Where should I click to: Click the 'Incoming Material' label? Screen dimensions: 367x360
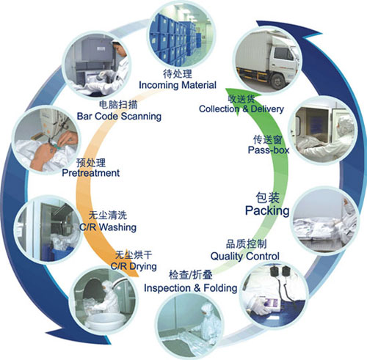[178, 85]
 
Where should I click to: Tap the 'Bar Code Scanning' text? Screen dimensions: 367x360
[119, 116]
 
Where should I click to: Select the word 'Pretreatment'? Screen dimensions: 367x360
[91, 173]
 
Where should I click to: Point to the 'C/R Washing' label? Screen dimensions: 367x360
[108, 227]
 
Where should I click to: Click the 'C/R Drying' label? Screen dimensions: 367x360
[134, 266]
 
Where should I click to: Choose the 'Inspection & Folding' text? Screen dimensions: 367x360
[191, 288]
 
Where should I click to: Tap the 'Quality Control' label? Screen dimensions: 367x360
[245, 256]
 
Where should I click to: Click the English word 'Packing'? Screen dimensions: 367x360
[267, 210]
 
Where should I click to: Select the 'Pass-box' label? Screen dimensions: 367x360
[269, 150]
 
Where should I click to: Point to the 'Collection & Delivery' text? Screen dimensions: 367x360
[241, 109]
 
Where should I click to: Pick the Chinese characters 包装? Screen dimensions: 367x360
[267, 198]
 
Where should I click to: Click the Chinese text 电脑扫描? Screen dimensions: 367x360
[118, 105]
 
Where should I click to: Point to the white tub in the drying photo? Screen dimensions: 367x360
[104, 320]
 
